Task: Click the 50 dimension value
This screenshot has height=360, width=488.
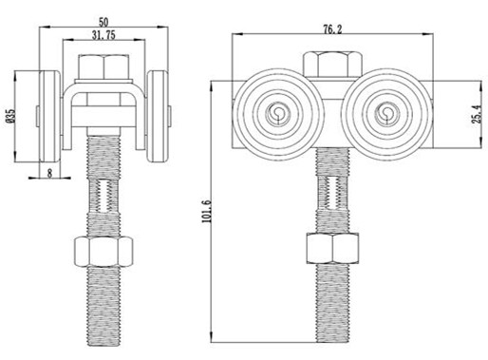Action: (103, 23)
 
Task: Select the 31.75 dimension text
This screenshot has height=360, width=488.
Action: (103, 35)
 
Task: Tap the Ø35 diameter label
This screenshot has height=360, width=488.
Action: (11, 116)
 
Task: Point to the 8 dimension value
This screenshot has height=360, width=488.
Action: (49, 173)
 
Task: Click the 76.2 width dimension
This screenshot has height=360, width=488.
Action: (332, 29)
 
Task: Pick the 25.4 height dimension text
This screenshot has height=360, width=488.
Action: (478, 114)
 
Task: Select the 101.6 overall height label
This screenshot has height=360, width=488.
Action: (206, 211)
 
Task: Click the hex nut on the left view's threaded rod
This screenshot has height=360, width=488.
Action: (103, 252)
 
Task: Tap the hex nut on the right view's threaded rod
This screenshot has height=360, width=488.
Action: (332, 249)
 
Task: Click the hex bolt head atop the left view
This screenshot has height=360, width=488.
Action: (103, 67)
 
